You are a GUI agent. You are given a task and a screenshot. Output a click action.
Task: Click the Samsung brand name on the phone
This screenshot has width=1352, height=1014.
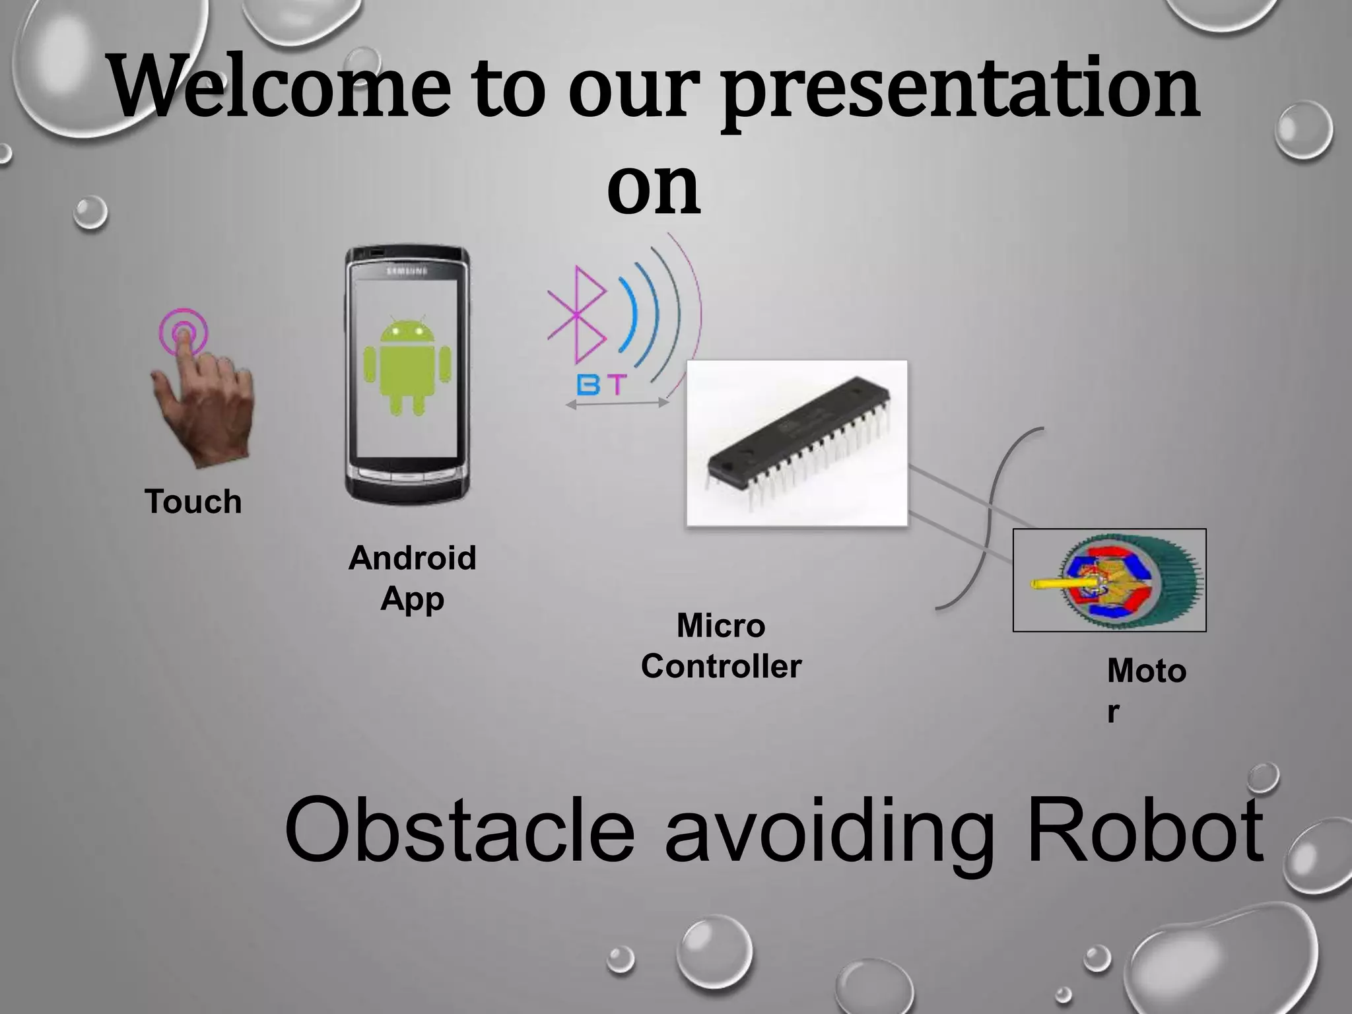click(x=407, y=271)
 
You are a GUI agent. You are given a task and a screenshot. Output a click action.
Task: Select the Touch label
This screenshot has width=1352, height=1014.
click(x=193, y=502)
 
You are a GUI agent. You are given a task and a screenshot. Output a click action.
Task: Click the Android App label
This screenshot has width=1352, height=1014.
click(x=412, y=578)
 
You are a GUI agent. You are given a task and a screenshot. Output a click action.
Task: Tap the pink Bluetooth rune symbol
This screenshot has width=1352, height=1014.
click(x=576, y=315)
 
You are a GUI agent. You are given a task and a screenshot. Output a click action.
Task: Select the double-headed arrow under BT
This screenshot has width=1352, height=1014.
click(x=617, y=404)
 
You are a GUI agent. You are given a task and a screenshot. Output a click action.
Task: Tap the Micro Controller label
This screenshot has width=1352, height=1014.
click(x=721, y=646)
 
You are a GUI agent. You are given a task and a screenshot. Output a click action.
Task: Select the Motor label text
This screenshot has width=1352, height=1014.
click(x=1147, y=687)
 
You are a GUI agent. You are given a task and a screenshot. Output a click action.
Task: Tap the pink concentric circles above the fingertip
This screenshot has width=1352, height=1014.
click(x=184, y=330)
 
